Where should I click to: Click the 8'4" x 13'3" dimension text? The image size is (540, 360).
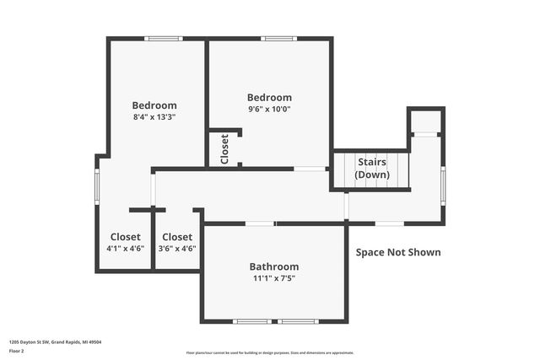(154, 117)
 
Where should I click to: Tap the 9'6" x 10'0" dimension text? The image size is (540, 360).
(269, 109)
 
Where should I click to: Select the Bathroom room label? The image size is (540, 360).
(274, 266)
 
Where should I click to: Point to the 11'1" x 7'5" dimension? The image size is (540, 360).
(274, 278)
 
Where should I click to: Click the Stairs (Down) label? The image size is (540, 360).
(372, 168)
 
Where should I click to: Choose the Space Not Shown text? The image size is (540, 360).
(397, 252)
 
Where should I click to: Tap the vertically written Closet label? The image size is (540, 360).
(224, 149)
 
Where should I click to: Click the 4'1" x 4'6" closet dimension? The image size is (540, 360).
(126, 249)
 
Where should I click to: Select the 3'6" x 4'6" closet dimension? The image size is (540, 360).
(177, 249)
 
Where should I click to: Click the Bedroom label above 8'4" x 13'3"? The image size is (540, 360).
(154, 105)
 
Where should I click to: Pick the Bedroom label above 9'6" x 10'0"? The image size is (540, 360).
(269, 97)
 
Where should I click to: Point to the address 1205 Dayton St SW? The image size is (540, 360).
(49, 342)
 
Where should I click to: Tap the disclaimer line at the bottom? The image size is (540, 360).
(270, 352)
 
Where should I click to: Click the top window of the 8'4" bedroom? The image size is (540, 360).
(164, 38)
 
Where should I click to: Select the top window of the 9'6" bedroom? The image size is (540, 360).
(278, 38)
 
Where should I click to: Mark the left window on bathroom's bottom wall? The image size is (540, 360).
(252, 321)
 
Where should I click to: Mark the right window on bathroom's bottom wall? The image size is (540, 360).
(298, 321)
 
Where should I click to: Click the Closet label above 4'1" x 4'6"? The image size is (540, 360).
(126, 237)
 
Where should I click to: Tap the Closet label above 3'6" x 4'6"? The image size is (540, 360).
(177, 237)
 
